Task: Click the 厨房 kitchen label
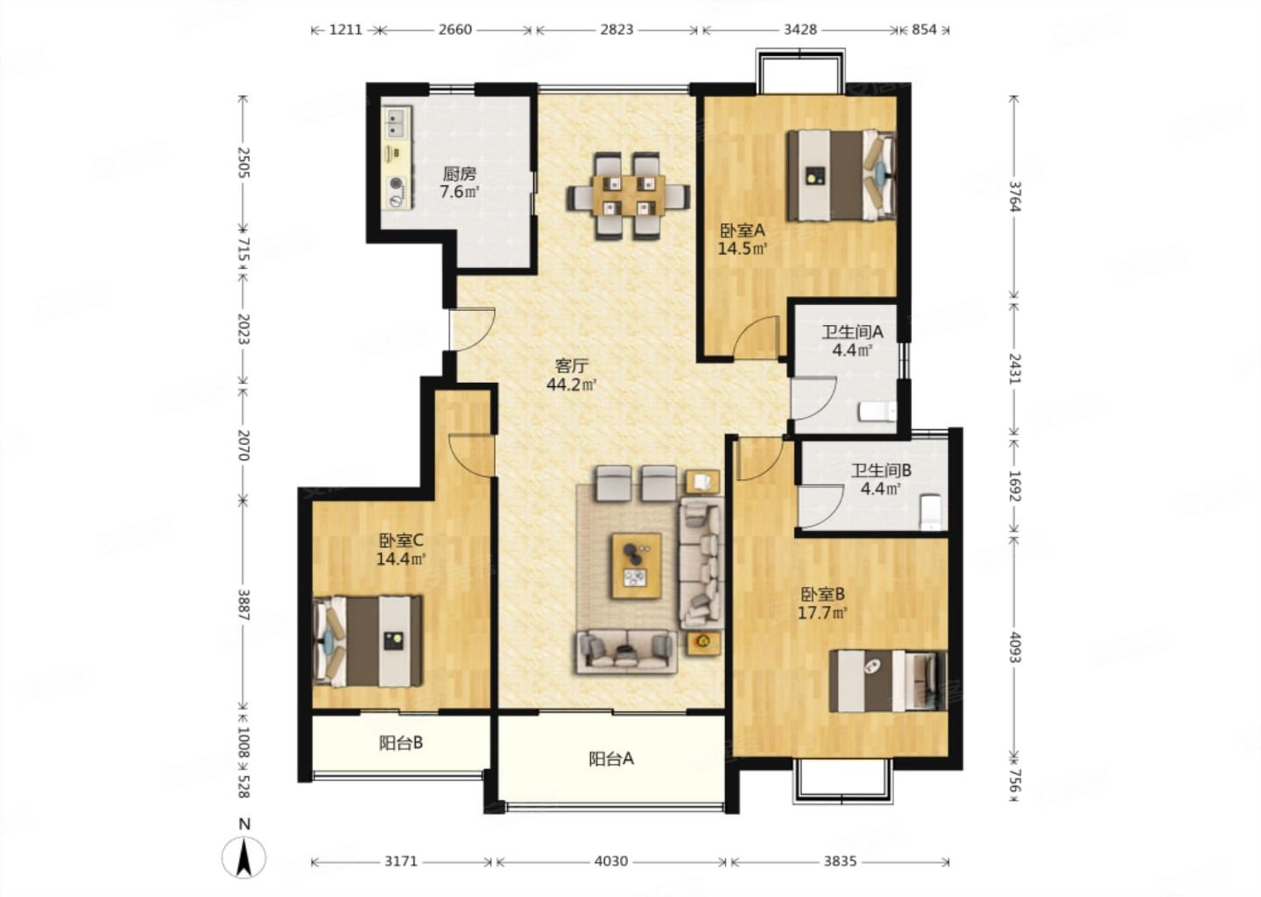pos(459,173)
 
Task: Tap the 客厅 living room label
pos(571,365)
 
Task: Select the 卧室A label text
pos(743,230)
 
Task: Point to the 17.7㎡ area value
pos(821,613)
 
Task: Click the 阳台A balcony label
pos(610,759)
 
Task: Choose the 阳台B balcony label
pos(401,743)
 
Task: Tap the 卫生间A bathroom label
pos(851,332)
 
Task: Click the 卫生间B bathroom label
pos(881,470)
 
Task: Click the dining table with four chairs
pos(626,196)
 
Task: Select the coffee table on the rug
pos(637,565)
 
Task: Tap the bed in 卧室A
pos(841,174)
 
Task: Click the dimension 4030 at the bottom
pos(610,861)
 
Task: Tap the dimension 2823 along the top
pos(616,29)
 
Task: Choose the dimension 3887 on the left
pos(243,604)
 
